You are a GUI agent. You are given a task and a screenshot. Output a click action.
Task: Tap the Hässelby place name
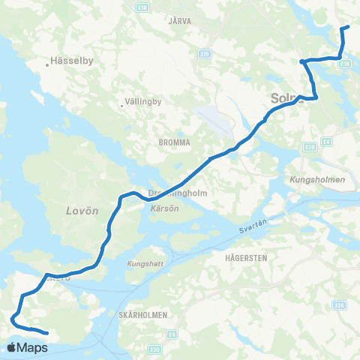[x=68, y=64]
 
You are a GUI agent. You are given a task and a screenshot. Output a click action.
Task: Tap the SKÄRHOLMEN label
[x=143, y=313]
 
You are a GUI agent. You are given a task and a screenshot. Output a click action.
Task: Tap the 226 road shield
[x=340, y=304]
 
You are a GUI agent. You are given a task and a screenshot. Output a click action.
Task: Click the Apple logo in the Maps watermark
[x=12, y=347]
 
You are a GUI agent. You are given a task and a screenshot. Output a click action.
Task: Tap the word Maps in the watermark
[x=33, y=348]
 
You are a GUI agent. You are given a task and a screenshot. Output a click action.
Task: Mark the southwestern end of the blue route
[x=46, y=333]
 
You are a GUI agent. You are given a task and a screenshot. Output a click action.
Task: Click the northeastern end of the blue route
[x=348, y=28]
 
